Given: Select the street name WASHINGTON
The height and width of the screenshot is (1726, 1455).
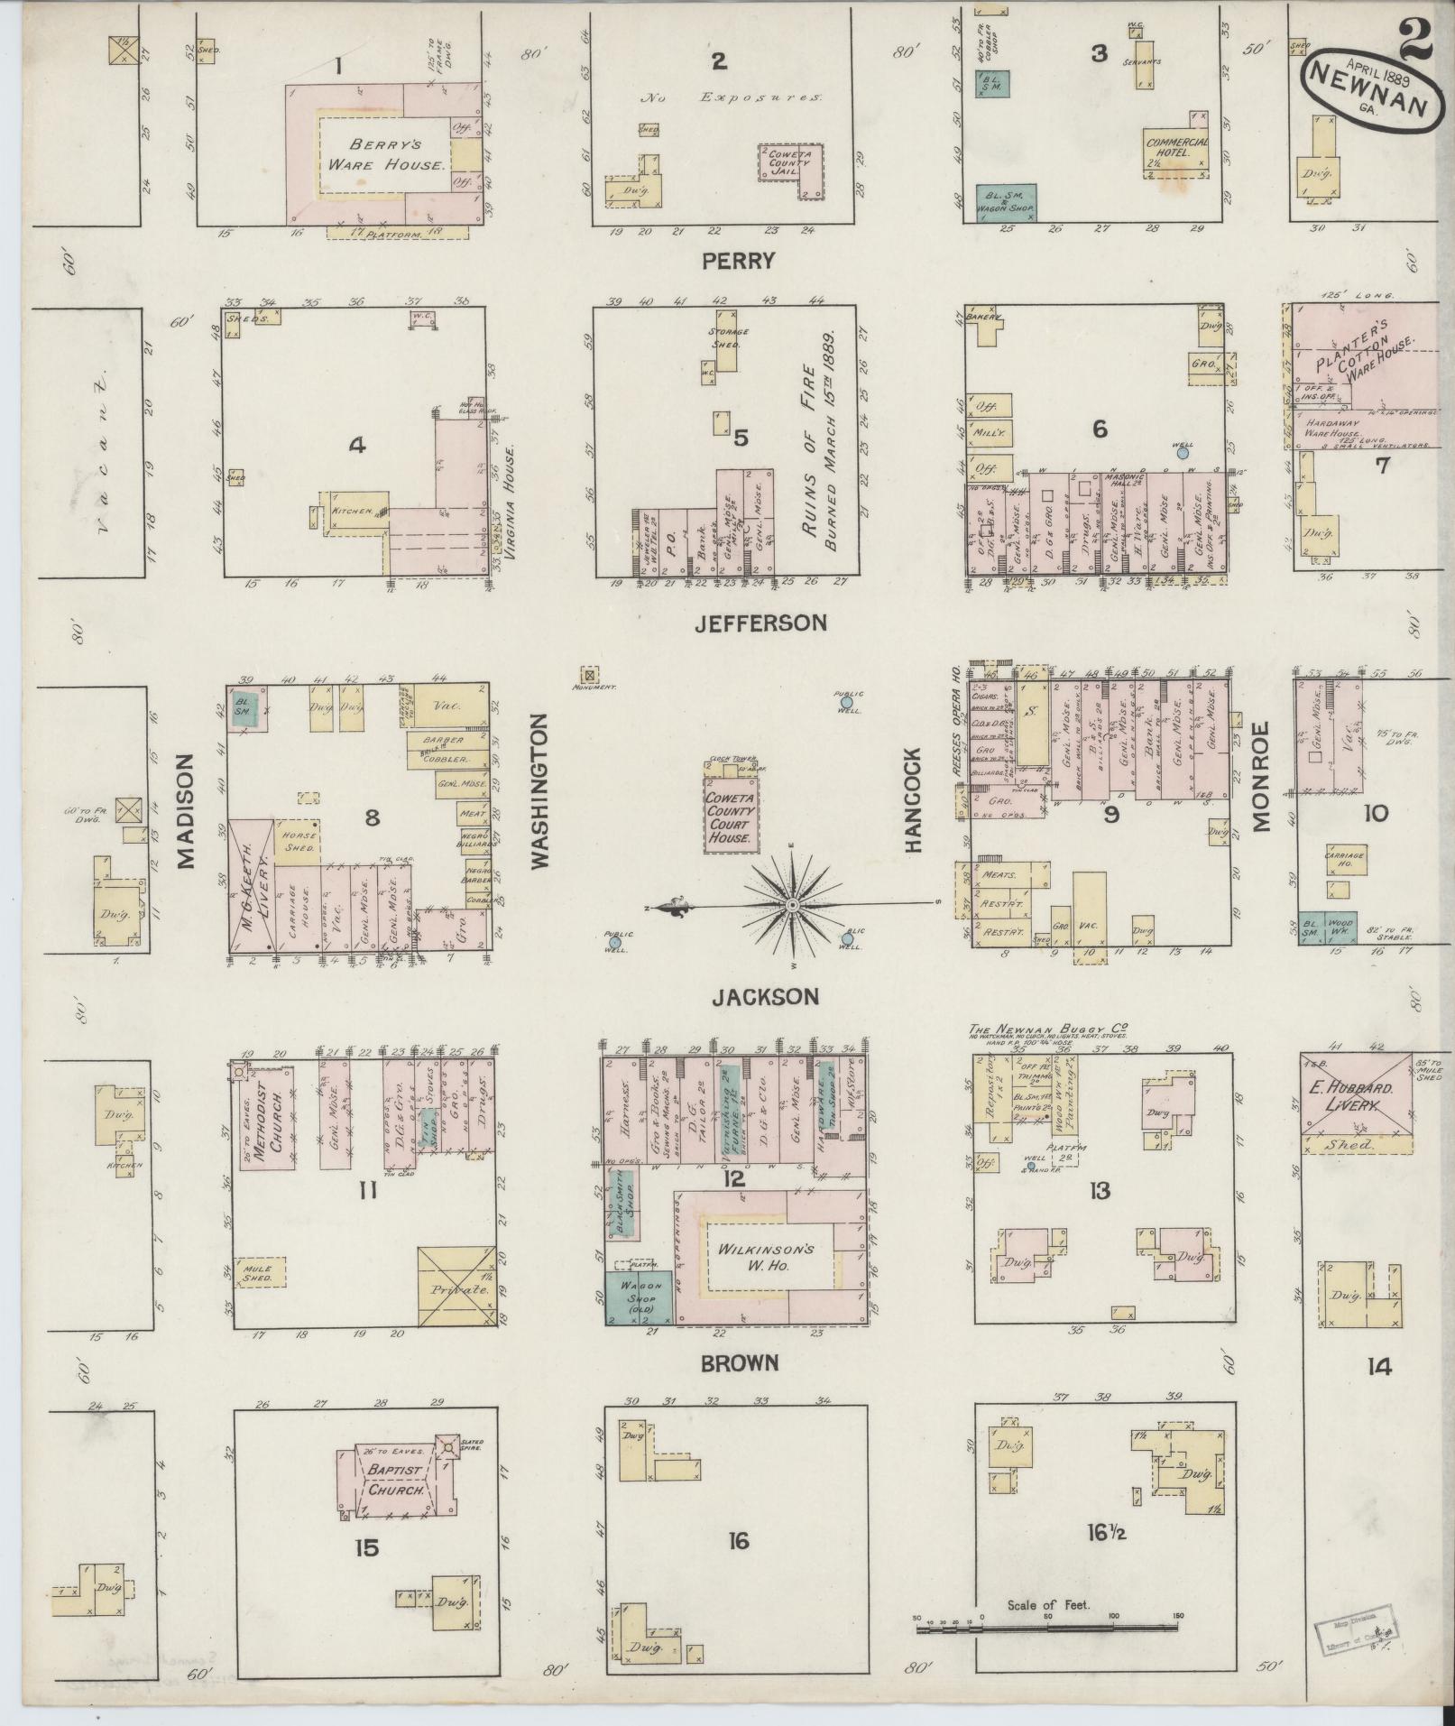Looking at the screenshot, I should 540,791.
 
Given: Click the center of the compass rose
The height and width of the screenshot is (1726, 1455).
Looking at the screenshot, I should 791,904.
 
